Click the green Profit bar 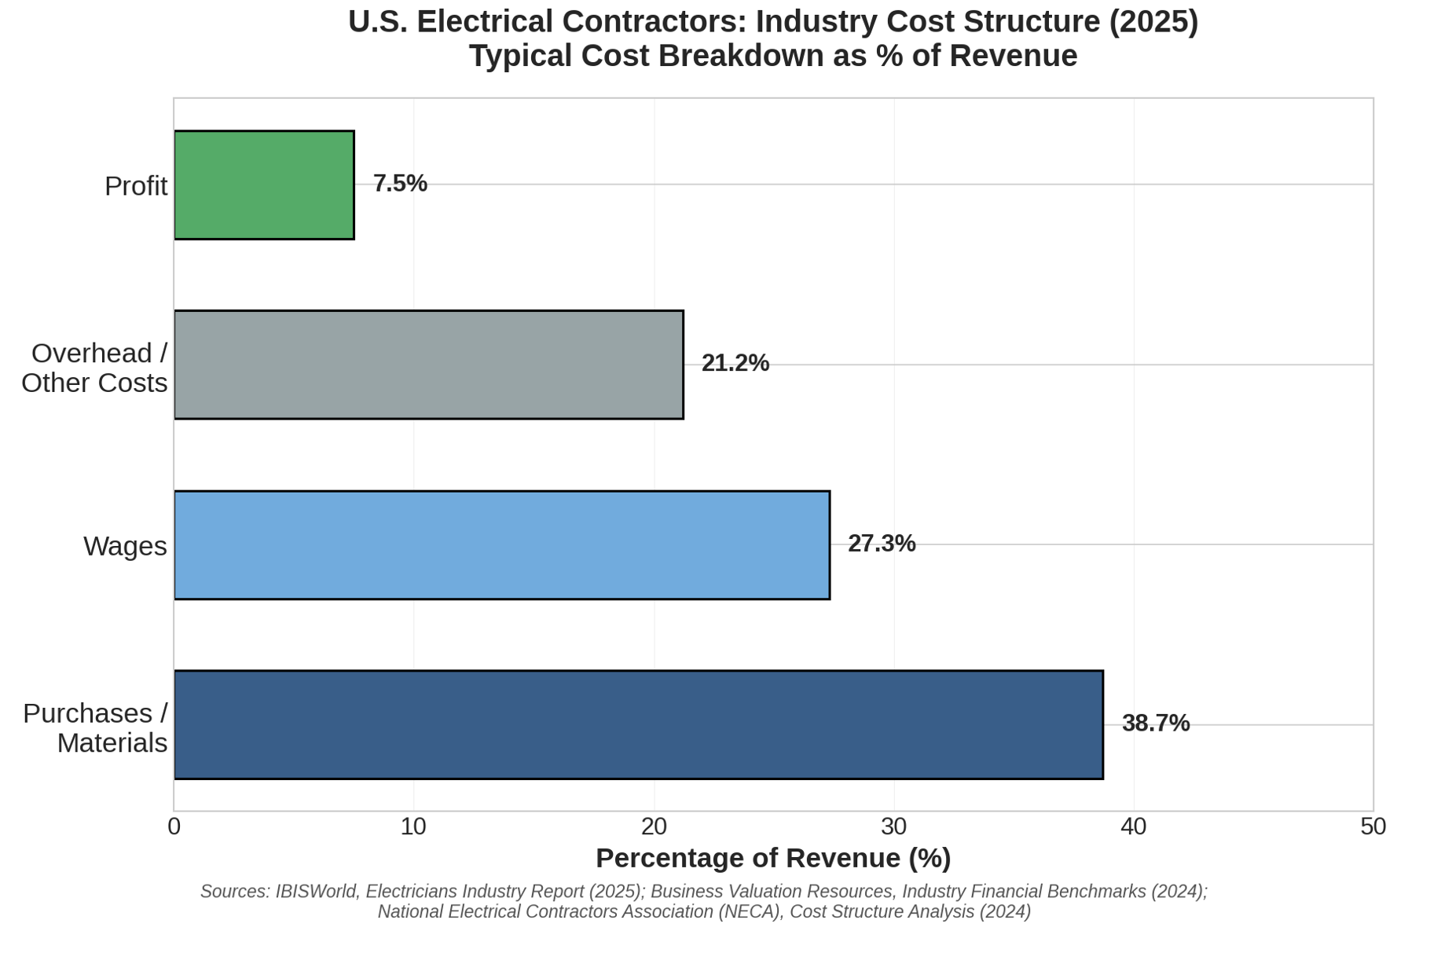[264, 185]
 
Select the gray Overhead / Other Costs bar [428, 365]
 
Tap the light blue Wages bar [501, 544]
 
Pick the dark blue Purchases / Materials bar [638, 724]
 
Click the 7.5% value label [400, 184]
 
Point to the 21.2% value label [735, 364]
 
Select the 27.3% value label [882, 544]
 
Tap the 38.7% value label [1155, 724]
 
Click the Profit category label [136, 186]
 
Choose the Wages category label [125, 546]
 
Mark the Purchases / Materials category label [95, 727]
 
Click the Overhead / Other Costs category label [94, 368]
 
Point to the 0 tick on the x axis [174, 827]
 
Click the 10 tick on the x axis [413, 827]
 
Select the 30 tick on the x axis [893, 827]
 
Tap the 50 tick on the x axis [1373, 827]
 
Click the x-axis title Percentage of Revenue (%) [773, 858]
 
